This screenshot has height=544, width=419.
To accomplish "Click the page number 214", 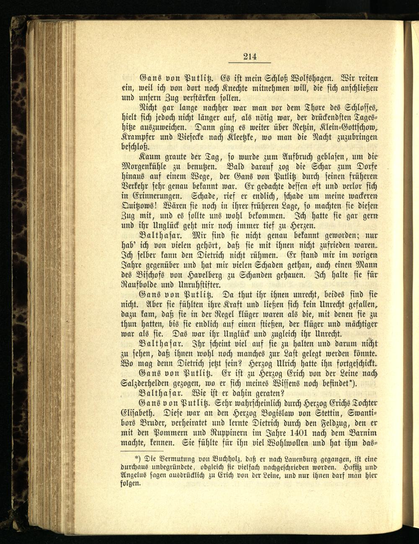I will [250, 57].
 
